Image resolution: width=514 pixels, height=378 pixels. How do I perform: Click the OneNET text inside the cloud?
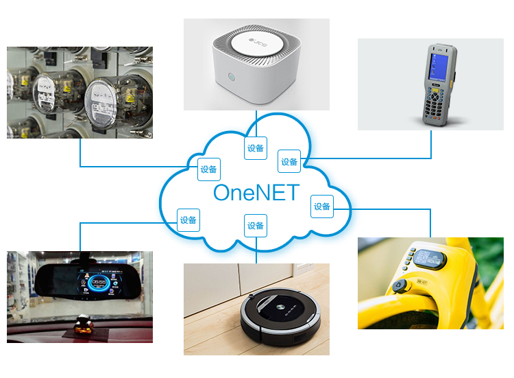point(256,193)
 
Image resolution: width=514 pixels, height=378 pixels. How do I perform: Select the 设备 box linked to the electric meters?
point(209,169)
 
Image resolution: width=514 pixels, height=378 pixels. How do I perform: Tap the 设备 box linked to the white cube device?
point(256,148)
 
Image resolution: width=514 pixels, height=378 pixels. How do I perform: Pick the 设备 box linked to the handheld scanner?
point(289,162)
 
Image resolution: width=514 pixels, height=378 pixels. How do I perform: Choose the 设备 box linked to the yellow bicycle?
point(321,206)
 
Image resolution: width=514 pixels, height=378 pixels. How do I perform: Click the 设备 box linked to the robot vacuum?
point(256,225)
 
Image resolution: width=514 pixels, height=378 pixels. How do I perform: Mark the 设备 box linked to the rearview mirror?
point(188,220)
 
